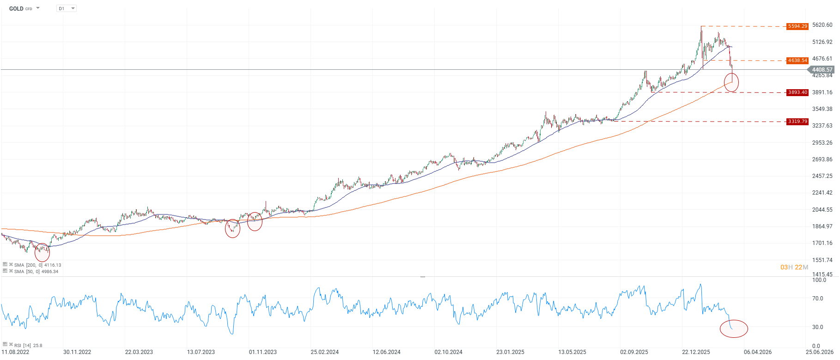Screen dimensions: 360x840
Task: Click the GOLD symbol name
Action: point(16,8)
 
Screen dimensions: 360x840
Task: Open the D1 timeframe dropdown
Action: point(67,8)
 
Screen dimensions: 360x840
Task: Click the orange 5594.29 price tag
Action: point(797,26)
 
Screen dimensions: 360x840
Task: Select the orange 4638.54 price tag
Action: point(797,61)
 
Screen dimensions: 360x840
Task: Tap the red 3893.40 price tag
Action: point(797,92)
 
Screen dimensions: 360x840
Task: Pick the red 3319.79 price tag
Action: point(797,122)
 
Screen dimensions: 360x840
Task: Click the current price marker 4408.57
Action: point(822,70)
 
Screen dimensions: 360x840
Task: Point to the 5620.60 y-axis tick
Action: point(822,25)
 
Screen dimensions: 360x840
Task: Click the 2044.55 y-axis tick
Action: point(822,210)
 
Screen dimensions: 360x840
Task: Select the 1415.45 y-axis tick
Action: point(822,275)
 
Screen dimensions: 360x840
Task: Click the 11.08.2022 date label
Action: point(15,352)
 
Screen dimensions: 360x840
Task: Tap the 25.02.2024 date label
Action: point(324,352)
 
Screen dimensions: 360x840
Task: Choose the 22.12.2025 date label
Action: point(696,352)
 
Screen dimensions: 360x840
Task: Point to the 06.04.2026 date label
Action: point(758,352)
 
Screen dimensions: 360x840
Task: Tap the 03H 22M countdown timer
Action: point(794,267)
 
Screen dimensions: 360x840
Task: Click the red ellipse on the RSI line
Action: point(734,329)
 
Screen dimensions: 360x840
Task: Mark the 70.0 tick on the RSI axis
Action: point(817,299)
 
